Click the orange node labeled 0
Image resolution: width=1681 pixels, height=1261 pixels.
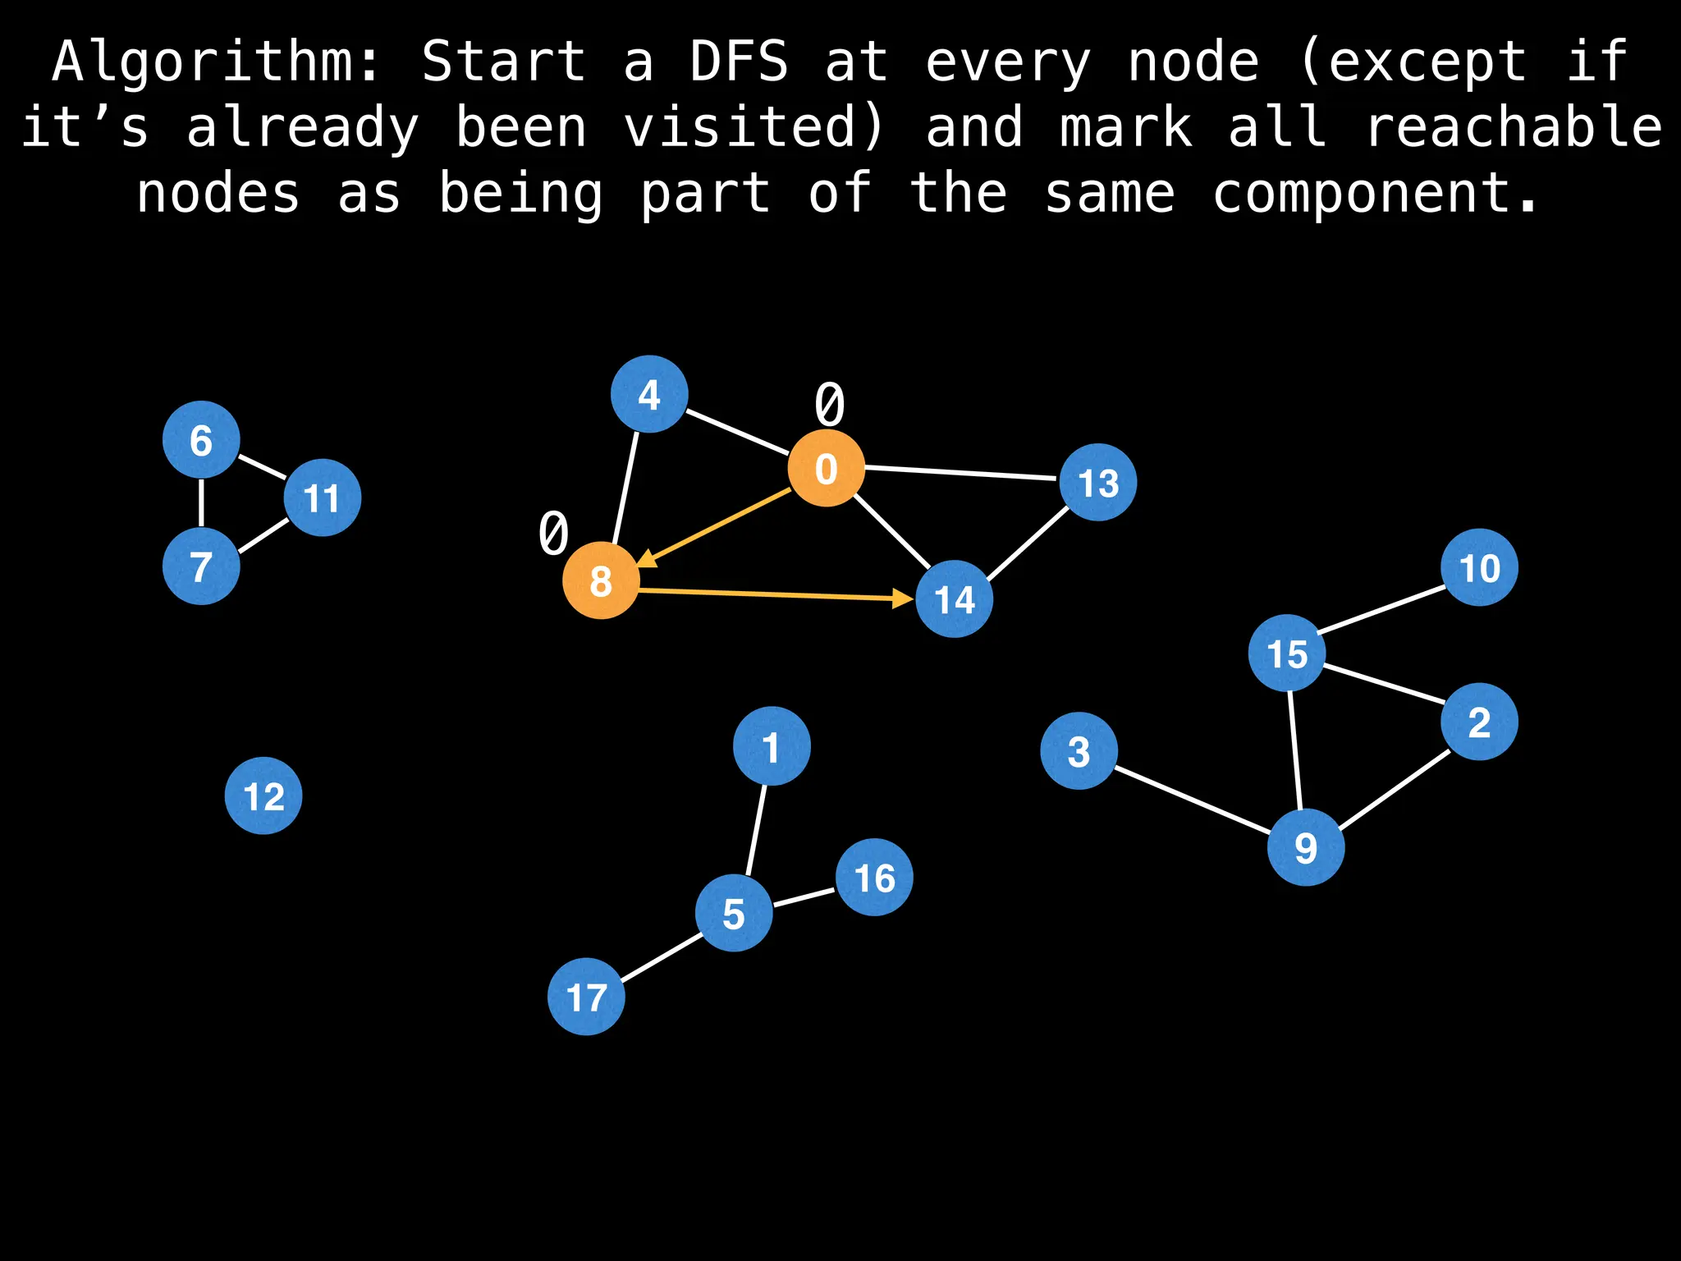[826, 468]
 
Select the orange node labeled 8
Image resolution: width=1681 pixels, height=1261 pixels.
[601, 580]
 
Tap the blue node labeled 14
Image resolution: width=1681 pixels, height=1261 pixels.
[954, 599]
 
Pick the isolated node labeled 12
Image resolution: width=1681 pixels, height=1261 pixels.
[263, 796]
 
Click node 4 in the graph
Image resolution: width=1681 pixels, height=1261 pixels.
[649, 394]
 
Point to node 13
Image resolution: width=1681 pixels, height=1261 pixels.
[1098, 483]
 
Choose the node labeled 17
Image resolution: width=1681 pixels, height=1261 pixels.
[586, 997]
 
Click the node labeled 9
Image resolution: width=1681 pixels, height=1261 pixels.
[1305, 847]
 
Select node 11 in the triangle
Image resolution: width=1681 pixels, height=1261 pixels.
[322, 498]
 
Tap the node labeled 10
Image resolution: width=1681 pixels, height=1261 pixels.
[1479, 567]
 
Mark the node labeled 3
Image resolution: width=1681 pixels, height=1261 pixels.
[1079, 750]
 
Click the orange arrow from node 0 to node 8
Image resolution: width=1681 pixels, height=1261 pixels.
[714, 528]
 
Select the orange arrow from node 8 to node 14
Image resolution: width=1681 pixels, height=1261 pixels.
[776, 595]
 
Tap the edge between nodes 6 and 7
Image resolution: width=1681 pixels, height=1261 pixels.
[201, 503]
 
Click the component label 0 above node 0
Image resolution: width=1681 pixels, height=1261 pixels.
[829, 404]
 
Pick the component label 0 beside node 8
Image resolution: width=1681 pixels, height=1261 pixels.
[553, 533]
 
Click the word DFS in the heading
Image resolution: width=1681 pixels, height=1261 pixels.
[738, 62]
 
